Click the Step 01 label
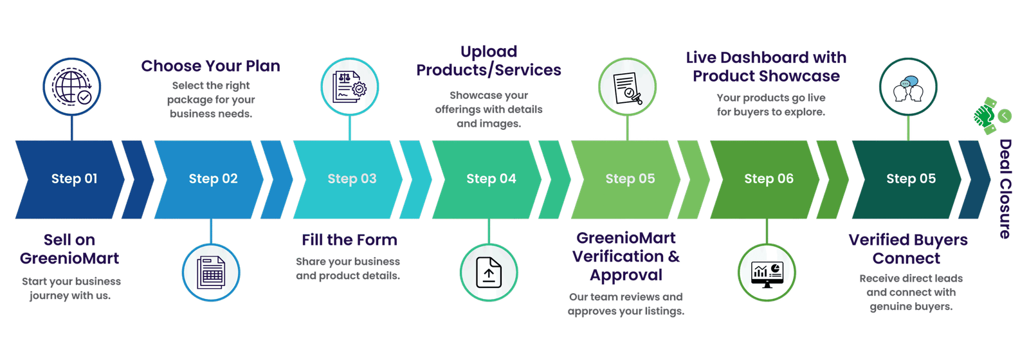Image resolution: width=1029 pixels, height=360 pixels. coord(75,179)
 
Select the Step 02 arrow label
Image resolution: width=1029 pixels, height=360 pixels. coord(213,179)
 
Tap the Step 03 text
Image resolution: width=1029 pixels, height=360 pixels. coord(352,179)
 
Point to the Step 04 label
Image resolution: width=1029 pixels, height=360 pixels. coord(491,179)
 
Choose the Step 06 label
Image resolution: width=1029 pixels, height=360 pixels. coord(769,179)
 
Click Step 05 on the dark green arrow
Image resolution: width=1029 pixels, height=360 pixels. coord(911,179)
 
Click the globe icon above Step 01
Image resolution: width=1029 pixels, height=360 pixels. coord(71,87)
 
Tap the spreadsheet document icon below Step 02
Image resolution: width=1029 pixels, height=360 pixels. coord(211,273)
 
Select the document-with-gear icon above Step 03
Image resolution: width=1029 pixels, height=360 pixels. coord(350,87)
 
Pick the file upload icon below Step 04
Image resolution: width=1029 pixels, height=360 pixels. coord(489,273)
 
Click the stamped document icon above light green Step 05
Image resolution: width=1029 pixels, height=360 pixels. coord(628,87)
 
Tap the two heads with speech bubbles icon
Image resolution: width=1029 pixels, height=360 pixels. coord(908,87)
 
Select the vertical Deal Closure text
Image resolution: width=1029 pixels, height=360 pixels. coord(1005,189)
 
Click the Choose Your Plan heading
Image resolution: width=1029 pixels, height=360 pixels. coord(210,66)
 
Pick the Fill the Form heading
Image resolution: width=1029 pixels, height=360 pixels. coord(350,240)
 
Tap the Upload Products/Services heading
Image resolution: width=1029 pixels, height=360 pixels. coord(489,60)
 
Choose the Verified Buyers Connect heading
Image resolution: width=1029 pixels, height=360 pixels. coord(907,249)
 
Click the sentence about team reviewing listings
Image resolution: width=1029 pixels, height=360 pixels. coord(626,304)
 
